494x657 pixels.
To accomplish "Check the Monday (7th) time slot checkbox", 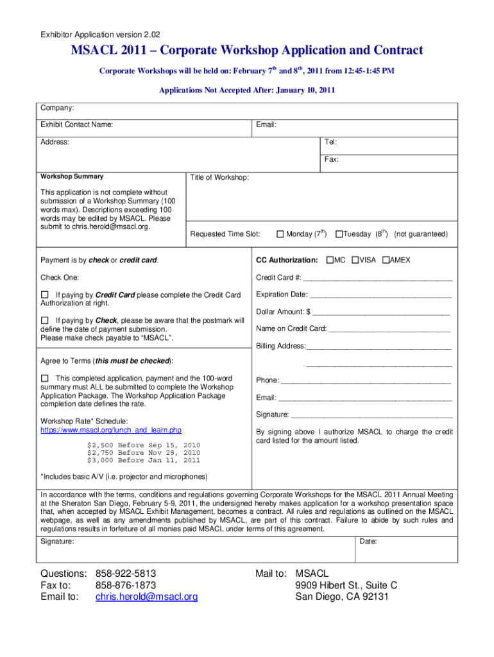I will click(x=280, y=234).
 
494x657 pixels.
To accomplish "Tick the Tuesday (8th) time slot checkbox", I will click(x=339, y=234).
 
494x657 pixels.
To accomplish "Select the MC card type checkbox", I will click(x=330, y=260).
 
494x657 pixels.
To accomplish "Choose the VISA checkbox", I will click(x=355, y=260).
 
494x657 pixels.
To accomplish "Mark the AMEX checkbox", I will click(x=386, y=260).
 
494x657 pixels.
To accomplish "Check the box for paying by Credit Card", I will click(x=45, y=294).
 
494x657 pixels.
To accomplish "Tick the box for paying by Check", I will click(x=45, y=320).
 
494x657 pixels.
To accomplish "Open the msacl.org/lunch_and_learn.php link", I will click(x=111, y=430).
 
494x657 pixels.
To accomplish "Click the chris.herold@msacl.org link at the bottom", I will click(x=146, y=597).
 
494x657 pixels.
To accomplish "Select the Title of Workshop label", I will click(x=220, y=177).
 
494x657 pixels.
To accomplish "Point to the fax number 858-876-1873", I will click(x=126, y=585).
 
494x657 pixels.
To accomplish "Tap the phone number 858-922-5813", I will click(x=126, y=573).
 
